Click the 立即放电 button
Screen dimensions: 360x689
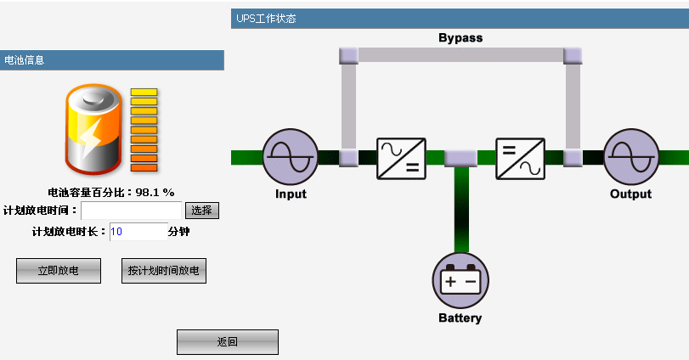[58, 271]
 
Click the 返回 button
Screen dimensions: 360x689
[227, 342]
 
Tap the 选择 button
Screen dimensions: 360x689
[202, 211]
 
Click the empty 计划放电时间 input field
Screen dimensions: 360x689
[132, 211]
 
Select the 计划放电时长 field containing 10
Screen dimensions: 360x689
[138, 232]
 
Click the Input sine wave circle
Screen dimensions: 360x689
[290, 158]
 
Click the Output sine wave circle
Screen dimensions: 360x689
[631, 158]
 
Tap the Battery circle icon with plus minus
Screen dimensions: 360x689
[461, 281]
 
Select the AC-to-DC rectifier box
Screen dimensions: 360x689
[401, 158]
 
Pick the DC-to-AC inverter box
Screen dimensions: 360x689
[520, 158]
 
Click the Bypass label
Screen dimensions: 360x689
[460, 38]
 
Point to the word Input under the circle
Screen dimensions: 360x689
[291, 194]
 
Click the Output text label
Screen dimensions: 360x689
[630, 194]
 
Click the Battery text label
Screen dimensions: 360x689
[460, 318]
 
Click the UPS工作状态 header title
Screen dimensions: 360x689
[266, 19]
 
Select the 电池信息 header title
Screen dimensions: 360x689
[25, 60]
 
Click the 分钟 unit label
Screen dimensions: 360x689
[178, 232]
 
